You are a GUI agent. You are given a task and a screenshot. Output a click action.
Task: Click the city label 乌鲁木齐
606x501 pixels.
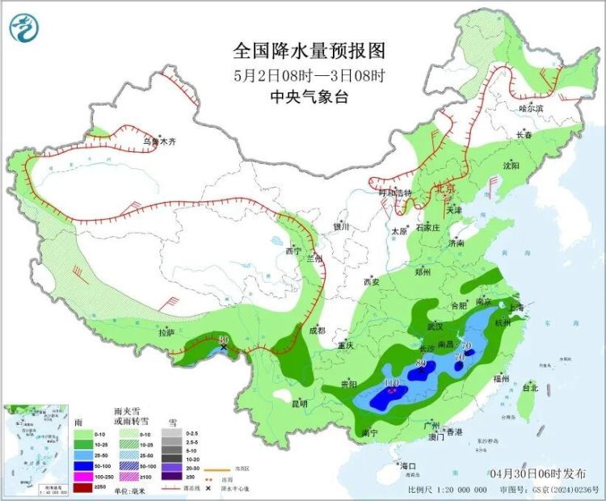click(x=159, y=141)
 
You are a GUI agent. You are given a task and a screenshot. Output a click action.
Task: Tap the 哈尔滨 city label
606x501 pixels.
click(x=531, y=107)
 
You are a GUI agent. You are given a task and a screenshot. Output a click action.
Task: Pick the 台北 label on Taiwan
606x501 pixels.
click(x=529, y=388)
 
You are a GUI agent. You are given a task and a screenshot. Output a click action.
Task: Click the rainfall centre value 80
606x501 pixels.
click(x=420, y=363)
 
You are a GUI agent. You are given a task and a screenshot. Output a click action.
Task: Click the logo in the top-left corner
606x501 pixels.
click(x=24, y=28)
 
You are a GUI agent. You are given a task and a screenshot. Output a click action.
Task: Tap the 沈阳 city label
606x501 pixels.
click(x=511, y=165)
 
